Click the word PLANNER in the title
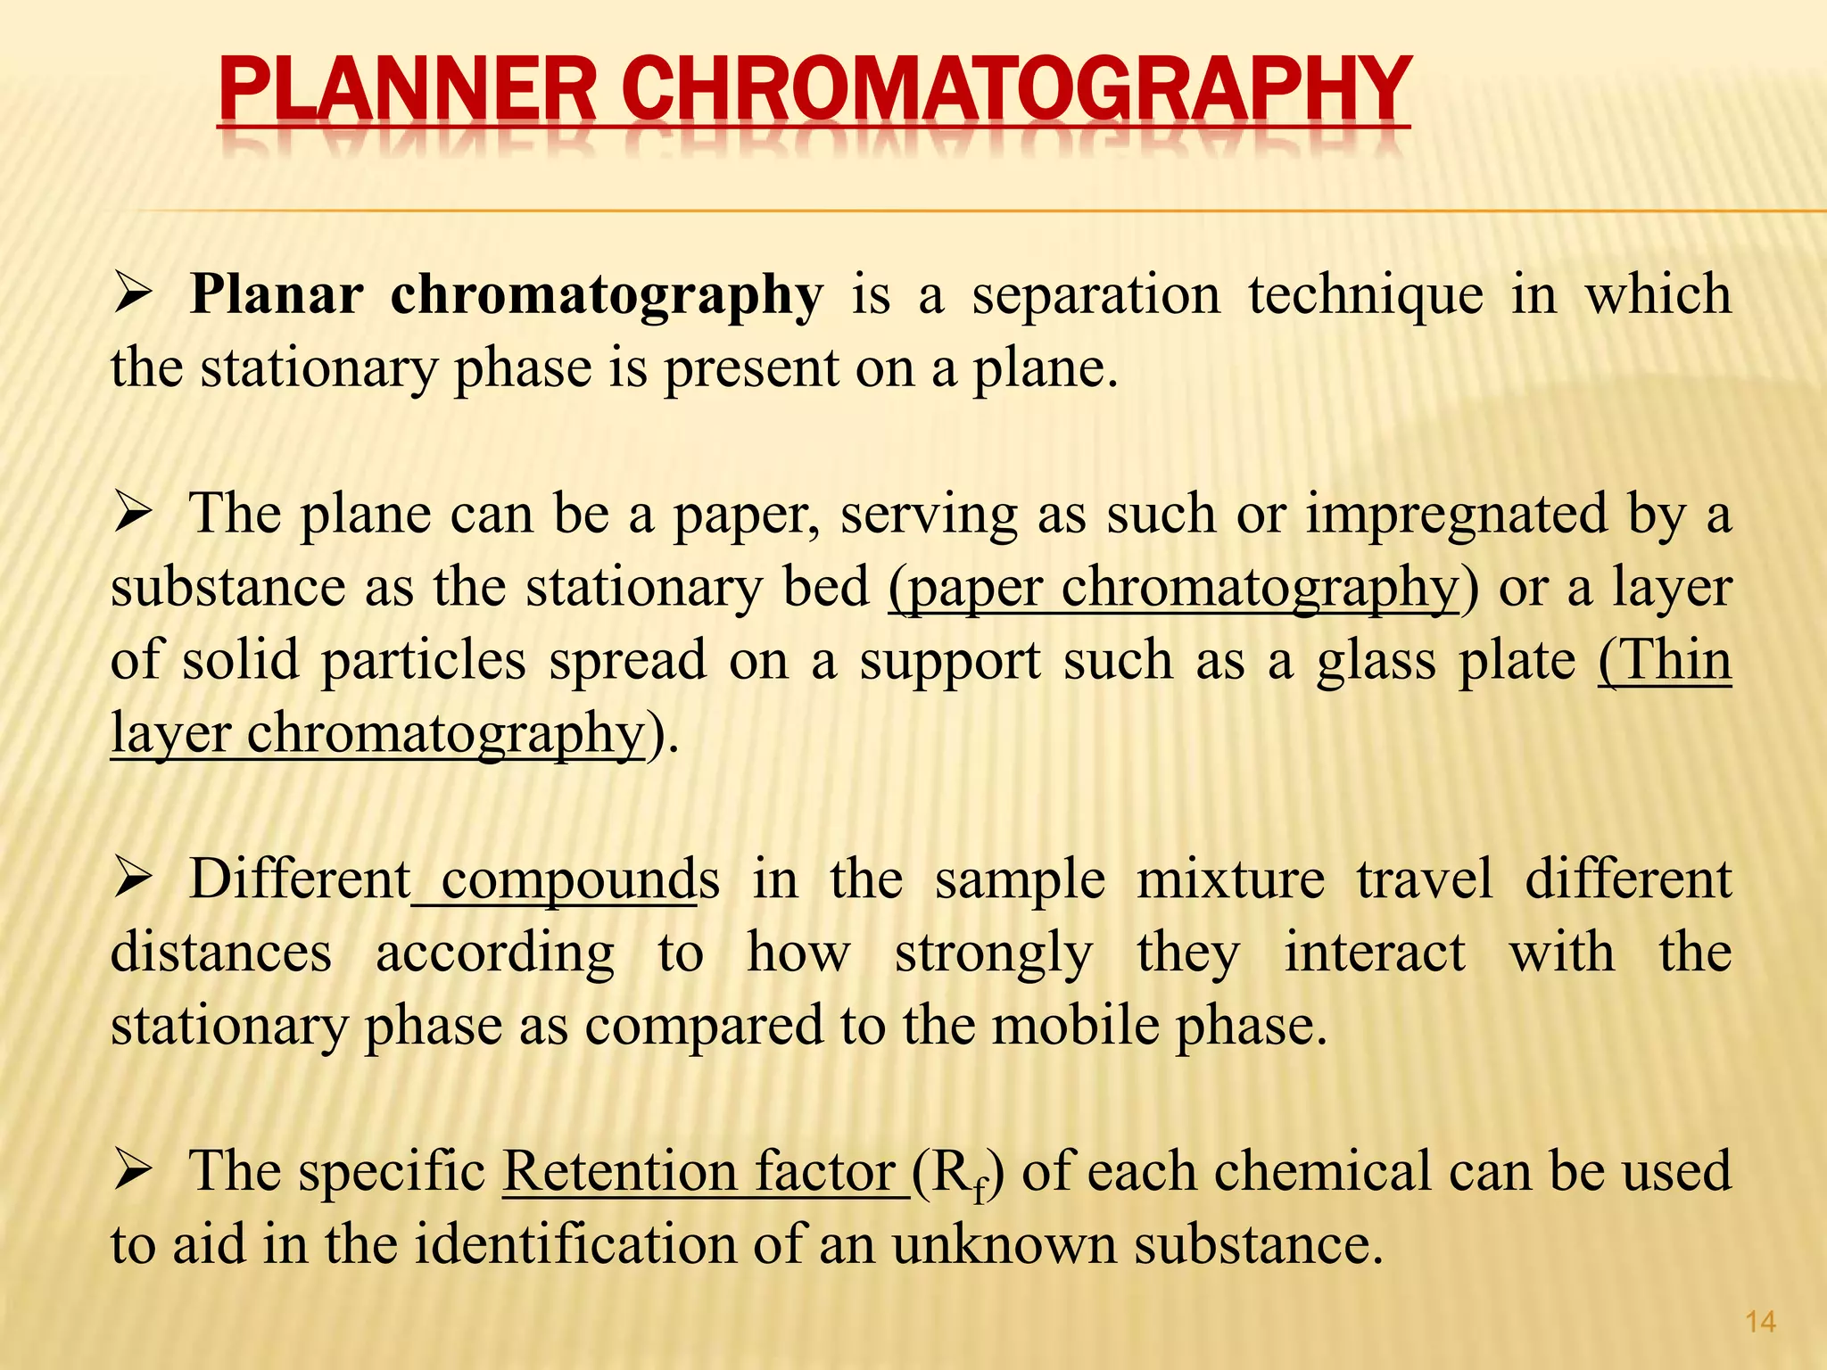[407, 91]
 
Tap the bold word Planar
[277, 294]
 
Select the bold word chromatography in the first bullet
[607, 296]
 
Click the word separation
[1095, 296]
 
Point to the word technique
[1365, 296]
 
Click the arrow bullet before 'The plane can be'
[134, 515]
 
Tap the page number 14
[1760, 1322]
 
